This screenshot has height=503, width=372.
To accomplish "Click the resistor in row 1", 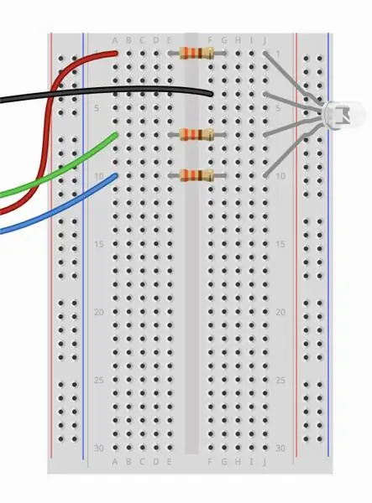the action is click(197, 54).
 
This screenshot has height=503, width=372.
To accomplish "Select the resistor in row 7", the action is click(197, 135).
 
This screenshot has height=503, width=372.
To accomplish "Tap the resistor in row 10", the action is click(197, 175).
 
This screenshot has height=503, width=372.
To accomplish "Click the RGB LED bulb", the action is click(344, 113).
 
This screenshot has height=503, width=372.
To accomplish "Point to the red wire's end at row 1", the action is click(116, 54).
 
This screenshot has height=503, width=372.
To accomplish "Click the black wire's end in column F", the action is click(211, 94).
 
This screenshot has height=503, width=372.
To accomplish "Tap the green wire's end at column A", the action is click(115, 135).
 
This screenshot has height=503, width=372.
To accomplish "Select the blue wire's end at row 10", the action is click(115, 175).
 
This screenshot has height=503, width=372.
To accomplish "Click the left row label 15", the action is click(99, 244).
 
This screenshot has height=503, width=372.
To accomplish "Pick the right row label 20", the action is click(280, 312).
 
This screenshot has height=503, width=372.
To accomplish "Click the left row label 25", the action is click(99, 380).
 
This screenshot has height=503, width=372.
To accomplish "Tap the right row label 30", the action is click(280, 448).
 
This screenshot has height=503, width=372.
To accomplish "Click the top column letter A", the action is click(115, 40).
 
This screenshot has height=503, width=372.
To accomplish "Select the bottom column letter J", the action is click(265, 462).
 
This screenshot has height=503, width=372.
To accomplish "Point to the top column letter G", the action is click(224, 40).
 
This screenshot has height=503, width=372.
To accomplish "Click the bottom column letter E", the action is click(170, 462).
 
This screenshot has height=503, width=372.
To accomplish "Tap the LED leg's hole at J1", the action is click(265, 53).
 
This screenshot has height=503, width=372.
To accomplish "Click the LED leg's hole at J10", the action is click(265, 175).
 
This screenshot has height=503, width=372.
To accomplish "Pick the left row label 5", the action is click(97, 108).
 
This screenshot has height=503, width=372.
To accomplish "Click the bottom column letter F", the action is click(210, 462).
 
